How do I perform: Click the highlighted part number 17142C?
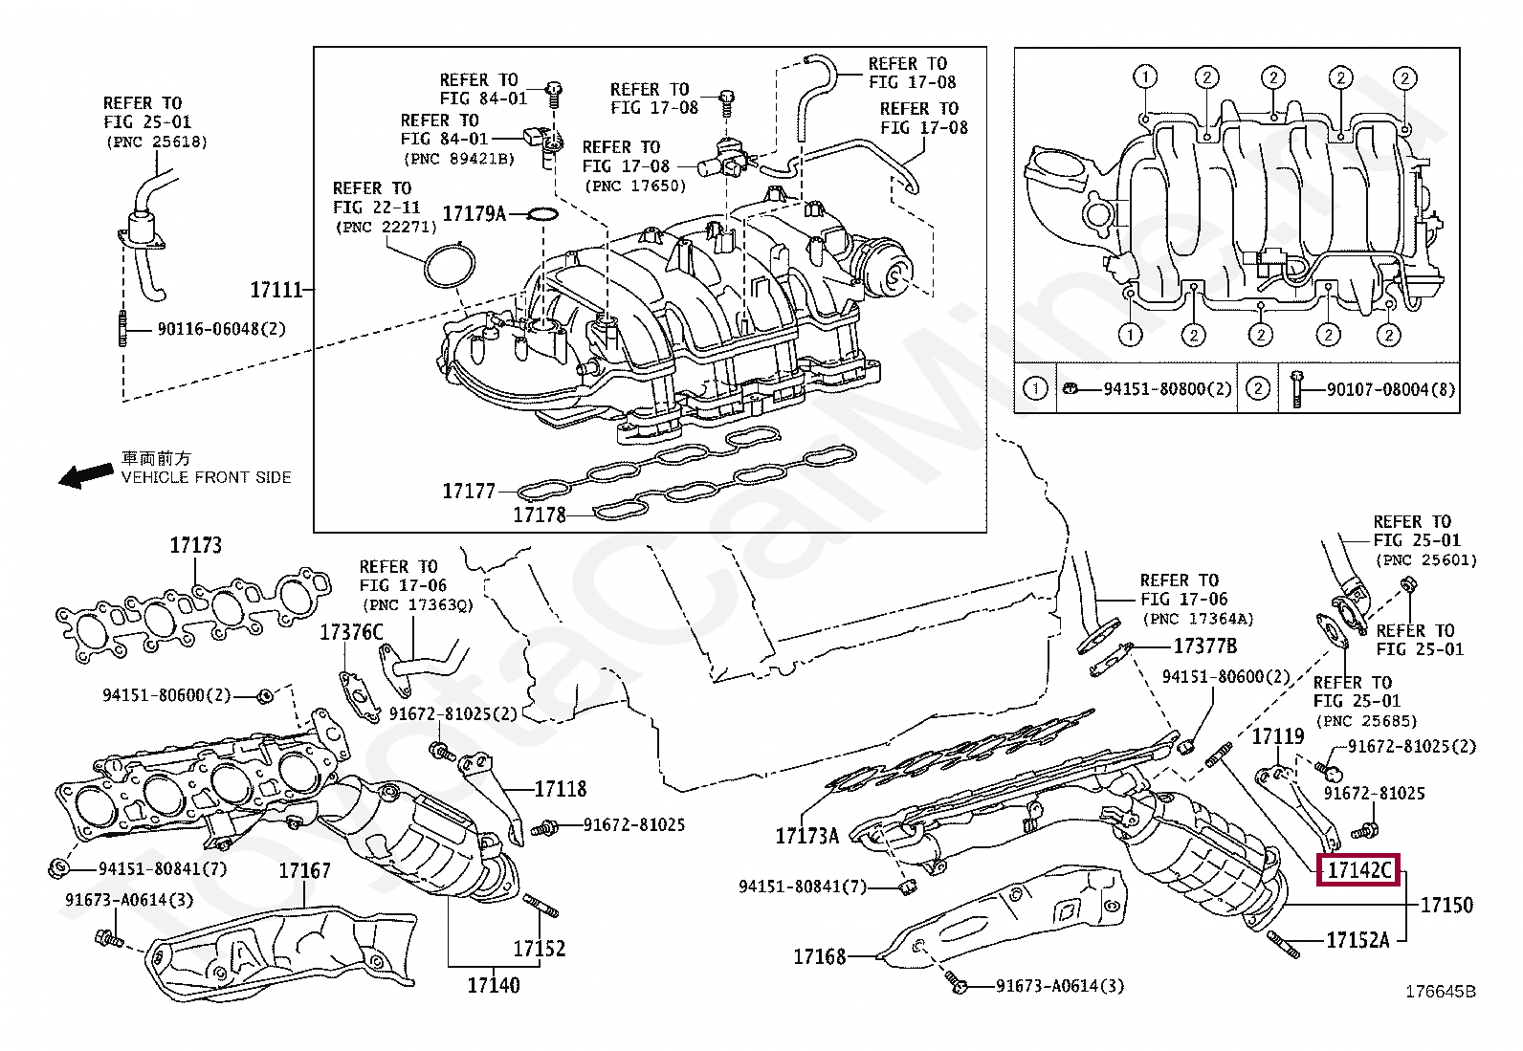pyautogui.click(x=1358, y=870)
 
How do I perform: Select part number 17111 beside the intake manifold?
pyautogui.click(x=276, y=289)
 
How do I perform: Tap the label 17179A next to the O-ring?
pyautogui.click(x=474, y=213)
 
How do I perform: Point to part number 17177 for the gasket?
pyautogui.click(x=469, y=492)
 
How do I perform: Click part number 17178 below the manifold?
pyautogui.click(x=540, y=515)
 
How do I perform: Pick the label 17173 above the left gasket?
pyautogui.click(x=196, y=545)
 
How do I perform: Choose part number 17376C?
pyautogui.click(x=351, y=632)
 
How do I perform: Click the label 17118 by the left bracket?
pyautogui.click(x=561, y=789)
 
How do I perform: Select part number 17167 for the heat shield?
pyautogui.click(x=305, y=870)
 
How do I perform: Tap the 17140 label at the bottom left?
pyautogui.click(x=494, y=983)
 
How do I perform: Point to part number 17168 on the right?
pyautogui.click(x=820, y=955)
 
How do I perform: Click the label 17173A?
pyautogui.click(x=807, y=836)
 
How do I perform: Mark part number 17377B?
pyautogui.click(x=1205, y=646)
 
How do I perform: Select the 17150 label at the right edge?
pyautogui.click(x=1446, y=904)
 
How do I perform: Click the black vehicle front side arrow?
pyautogui.click(x=85, y=475)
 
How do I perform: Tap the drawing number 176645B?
pyautogui.click(x=1440, y=992)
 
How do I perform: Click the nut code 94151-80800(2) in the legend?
pyautogui.click(x=1154, y=389)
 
